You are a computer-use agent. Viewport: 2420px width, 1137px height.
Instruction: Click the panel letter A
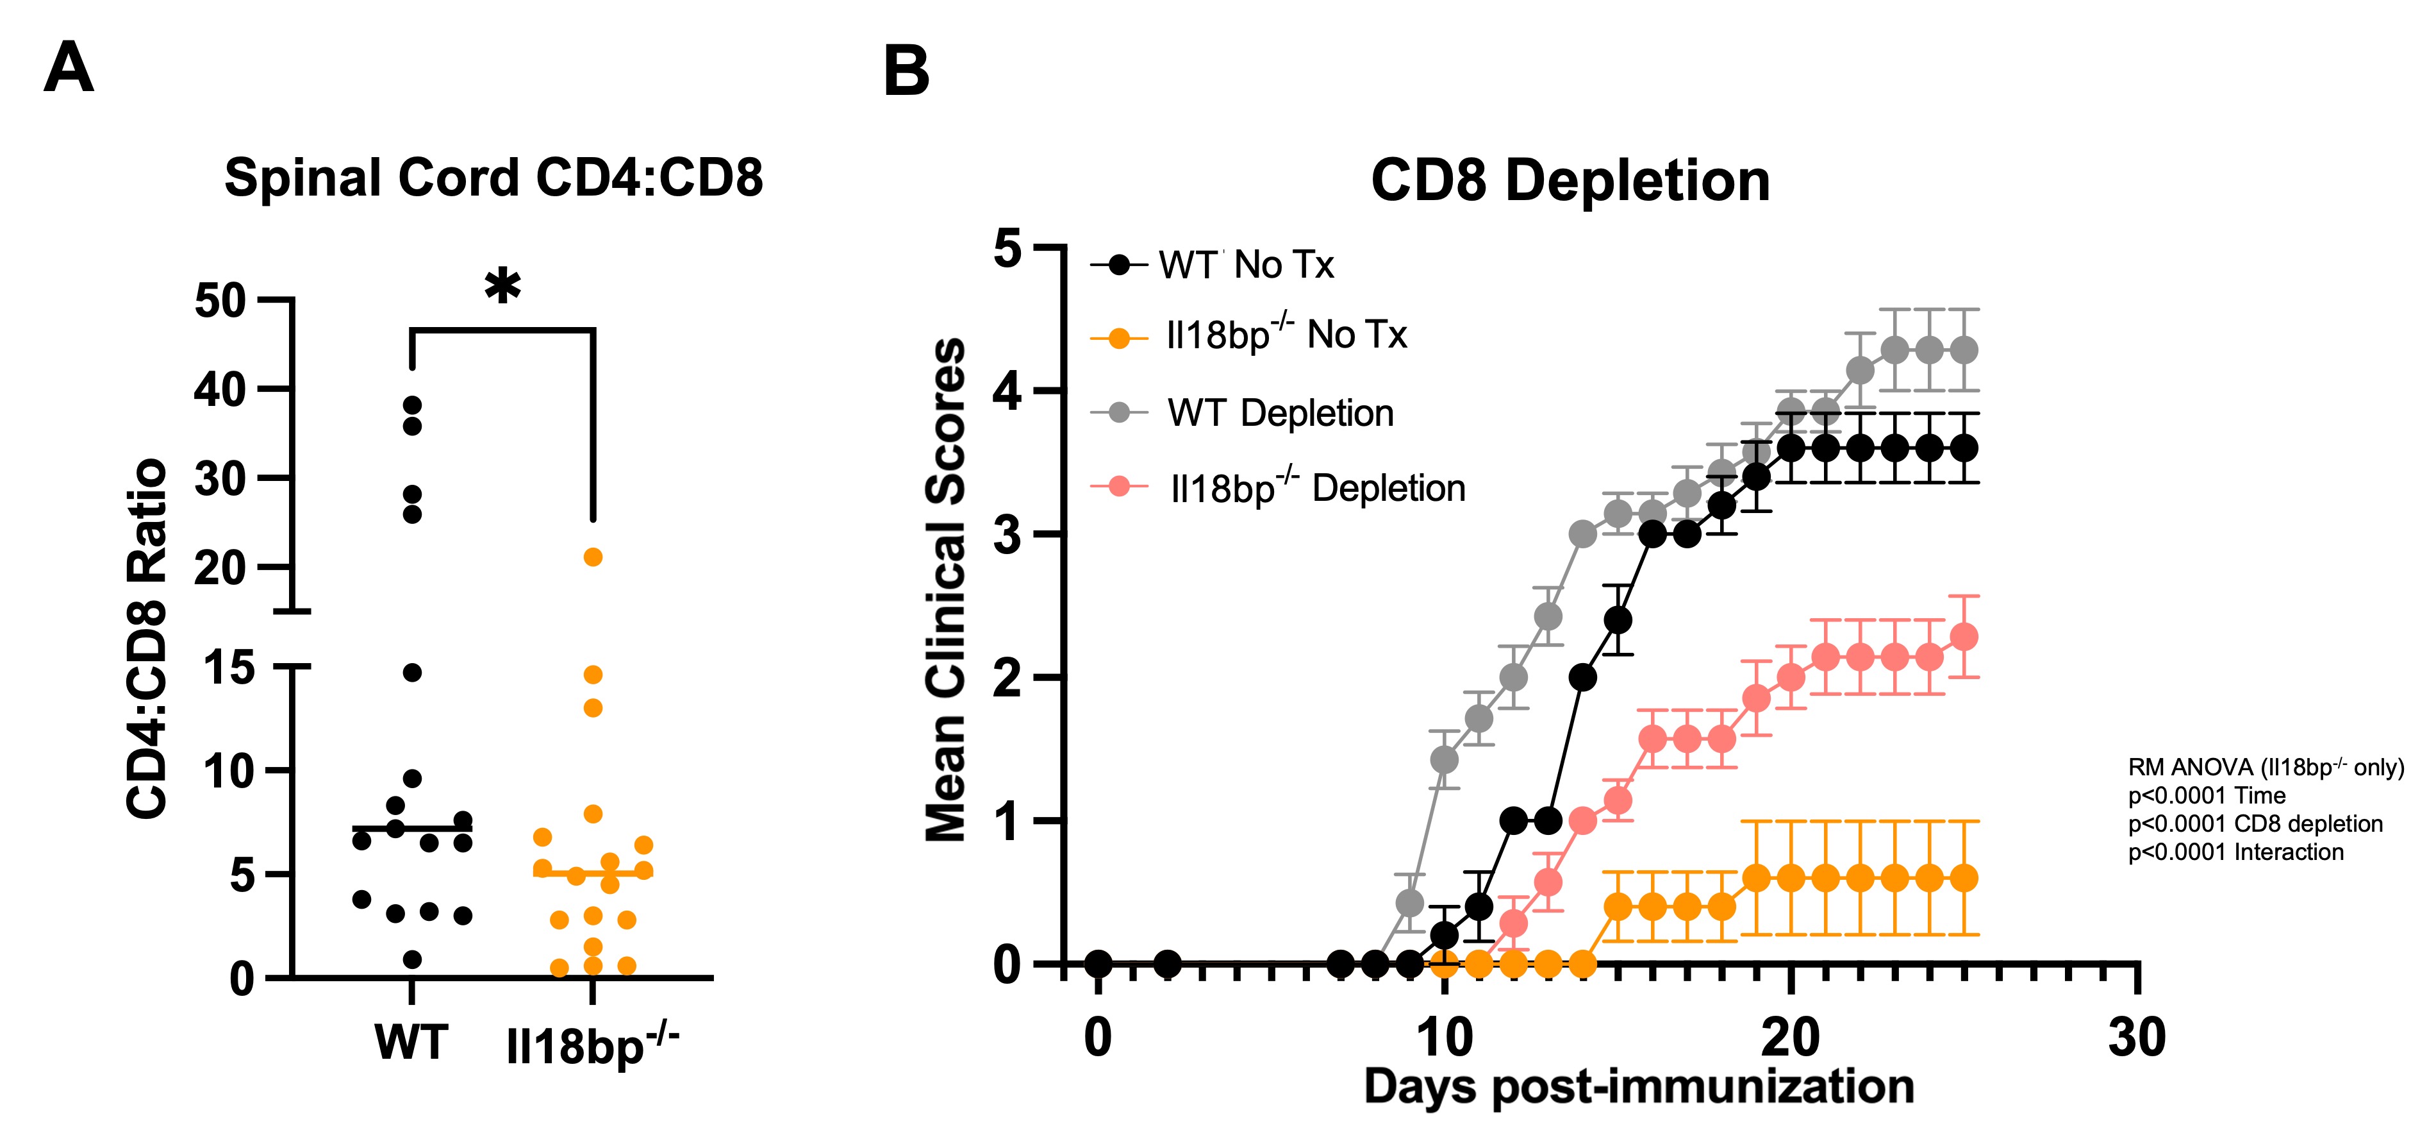(69, 68)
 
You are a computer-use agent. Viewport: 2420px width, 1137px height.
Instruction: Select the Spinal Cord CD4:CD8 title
(493, 178)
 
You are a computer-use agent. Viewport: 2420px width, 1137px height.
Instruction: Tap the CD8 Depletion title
(1570, 180)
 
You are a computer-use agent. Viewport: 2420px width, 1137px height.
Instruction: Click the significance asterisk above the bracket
(502, 287)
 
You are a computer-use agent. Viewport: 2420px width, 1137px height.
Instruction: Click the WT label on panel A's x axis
(411, 1042)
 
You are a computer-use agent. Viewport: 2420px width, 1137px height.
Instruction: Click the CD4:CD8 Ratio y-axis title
(147, 639)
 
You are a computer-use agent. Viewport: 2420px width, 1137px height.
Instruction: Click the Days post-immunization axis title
(1638, 1087)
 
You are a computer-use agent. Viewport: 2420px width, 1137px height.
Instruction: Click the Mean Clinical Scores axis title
(945, 589)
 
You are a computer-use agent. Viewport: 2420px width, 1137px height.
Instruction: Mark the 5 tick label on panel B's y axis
(1007, 250)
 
